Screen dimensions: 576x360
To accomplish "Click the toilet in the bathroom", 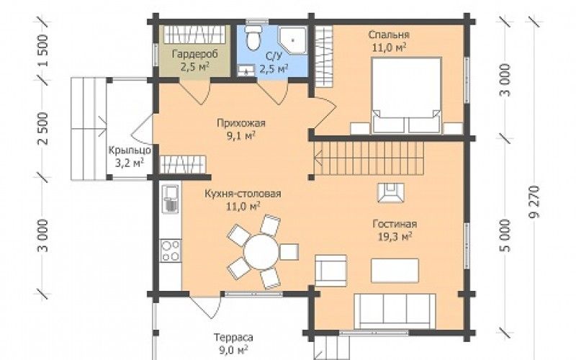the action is tap(253, 38).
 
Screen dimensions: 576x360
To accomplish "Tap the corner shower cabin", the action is tap(292, 40).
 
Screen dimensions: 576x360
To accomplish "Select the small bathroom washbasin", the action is tap(246, 70).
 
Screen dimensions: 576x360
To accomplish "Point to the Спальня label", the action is tap(389, 35).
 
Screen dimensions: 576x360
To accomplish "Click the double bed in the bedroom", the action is tap(406, 95).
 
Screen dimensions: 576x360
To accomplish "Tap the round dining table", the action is tap(261, 252).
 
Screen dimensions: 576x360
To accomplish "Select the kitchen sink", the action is tap(171, 199).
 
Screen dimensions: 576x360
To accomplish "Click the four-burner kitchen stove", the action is tap(171, 251).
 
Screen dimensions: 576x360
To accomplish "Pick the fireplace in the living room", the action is tap(391, 192).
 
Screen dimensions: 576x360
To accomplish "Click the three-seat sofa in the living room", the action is tap(395, 311).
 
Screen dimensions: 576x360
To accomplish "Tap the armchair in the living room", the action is tap(330, 271).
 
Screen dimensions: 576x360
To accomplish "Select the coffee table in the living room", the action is tap(395, 271).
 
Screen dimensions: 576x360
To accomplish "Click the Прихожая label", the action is tap(240, 123).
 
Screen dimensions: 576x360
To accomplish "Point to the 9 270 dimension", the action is tap(535, 202).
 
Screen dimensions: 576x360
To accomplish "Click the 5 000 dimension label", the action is tap(506, 235).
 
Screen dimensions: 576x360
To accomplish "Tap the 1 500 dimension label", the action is tap(42, 50).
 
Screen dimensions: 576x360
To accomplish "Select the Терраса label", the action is tap(233, 337).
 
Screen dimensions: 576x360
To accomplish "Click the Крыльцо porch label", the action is tap(130, 150).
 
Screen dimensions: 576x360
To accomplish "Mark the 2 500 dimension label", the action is tap(42, 128).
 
